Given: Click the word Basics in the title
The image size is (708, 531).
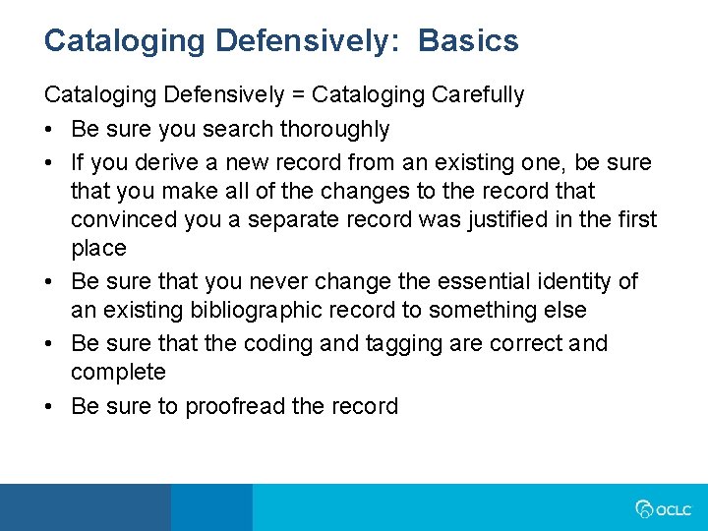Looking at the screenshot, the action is [x=468, y=40].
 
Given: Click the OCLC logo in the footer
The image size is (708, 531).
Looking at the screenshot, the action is [x=663, y=509].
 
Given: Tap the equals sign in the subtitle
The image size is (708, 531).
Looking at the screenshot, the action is [x=299, y=95].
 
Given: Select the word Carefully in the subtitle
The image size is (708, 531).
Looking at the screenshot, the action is [x=478, y=95].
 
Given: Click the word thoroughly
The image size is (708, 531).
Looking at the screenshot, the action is [x=334, y=130].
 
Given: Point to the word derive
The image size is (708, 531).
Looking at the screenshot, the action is [x=166, y=162].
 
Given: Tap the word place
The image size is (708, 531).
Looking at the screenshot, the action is [x=99, y=249].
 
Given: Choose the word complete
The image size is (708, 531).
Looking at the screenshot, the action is [x=118, y=373].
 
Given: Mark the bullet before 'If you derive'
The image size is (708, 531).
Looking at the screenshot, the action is [x=49, y=163].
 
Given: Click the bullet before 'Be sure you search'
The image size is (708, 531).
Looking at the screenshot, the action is [x=49, y=130].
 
